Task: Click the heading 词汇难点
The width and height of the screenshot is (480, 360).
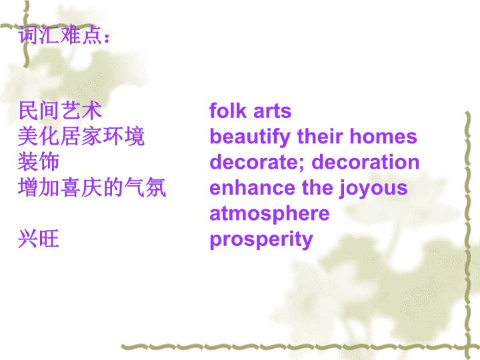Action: click(60, 35)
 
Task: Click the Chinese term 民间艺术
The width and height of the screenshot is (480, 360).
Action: click(60, 111)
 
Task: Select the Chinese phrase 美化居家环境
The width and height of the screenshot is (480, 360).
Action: click(81, 136)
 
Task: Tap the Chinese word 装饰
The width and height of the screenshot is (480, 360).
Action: click(39, 161)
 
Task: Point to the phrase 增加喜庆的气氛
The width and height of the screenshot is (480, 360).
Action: click(92, 187)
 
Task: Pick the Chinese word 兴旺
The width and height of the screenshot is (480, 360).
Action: click(39, 239)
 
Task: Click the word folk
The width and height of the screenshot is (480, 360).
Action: click(228, 110)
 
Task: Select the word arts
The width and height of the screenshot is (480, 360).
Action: click(273, 111)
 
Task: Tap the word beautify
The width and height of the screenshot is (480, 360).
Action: click(250, 137)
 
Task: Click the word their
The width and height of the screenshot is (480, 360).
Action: click(320, 136)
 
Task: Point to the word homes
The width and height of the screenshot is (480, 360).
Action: click(383, 136)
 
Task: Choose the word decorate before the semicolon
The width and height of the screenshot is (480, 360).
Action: click(253, 161)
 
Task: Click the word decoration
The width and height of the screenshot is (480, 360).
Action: click(365, 161)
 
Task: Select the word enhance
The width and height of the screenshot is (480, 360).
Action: click(252, 187)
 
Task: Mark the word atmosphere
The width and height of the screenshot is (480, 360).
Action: click(269, 214)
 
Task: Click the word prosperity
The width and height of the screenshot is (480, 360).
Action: click(261, 240)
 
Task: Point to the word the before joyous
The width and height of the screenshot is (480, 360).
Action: click(317, 187)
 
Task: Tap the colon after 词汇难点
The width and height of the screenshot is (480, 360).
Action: click(107, 38)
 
